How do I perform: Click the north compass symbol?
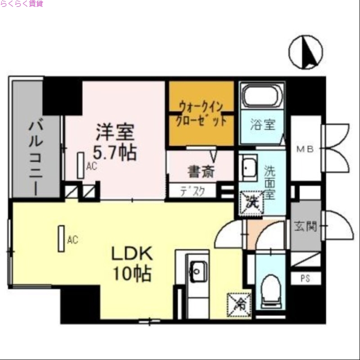pos(306,52)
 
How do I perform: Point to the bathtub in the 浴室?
pos(262,97)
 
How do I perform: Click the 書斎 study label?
pos(201,171)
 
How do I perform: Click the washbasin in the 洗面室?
pos(248,168)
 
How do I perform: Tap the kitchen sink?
pos(198,271)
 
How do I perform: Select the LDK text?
pos(132,254)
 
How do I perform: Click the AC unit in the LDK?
pos(61,238)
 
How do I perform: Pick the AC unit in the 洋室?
pos(81,165)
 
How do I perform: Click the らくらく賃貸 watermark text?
pos(22,4)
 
